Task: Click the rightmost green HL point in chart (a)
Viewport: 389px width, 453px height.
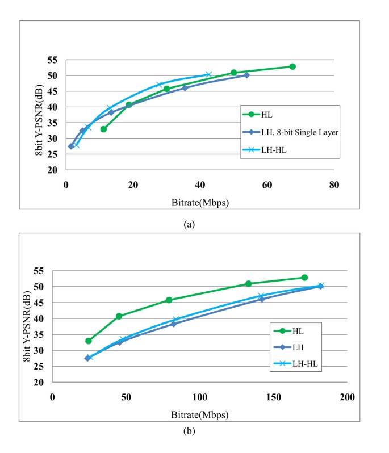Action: click(292, 66)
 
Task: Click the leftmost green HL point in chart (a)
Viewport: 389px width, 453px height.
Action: click(103, 129)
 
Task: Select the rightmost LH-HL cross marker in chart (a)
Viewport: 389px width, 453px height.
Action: click(209, 74)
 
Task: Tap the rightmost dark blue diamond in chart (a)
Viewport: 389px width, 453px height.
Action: click(246, 75)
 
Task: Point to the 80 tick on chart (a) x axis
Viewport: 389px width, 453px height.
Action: click(334, 184)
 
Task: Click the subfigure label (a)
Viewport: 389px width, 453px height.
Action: click(189, 224)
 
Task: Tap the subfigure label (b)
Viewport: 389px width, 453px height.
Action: click(189, 431)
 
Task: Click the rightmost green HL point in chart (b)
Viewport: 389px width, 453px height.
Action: click(304, 278)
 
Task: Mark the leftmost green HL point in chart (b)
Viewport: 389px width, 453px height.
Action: click(89, 341)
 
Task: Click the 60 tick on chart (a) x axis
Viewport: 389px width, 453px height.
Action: click(267, 184)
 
